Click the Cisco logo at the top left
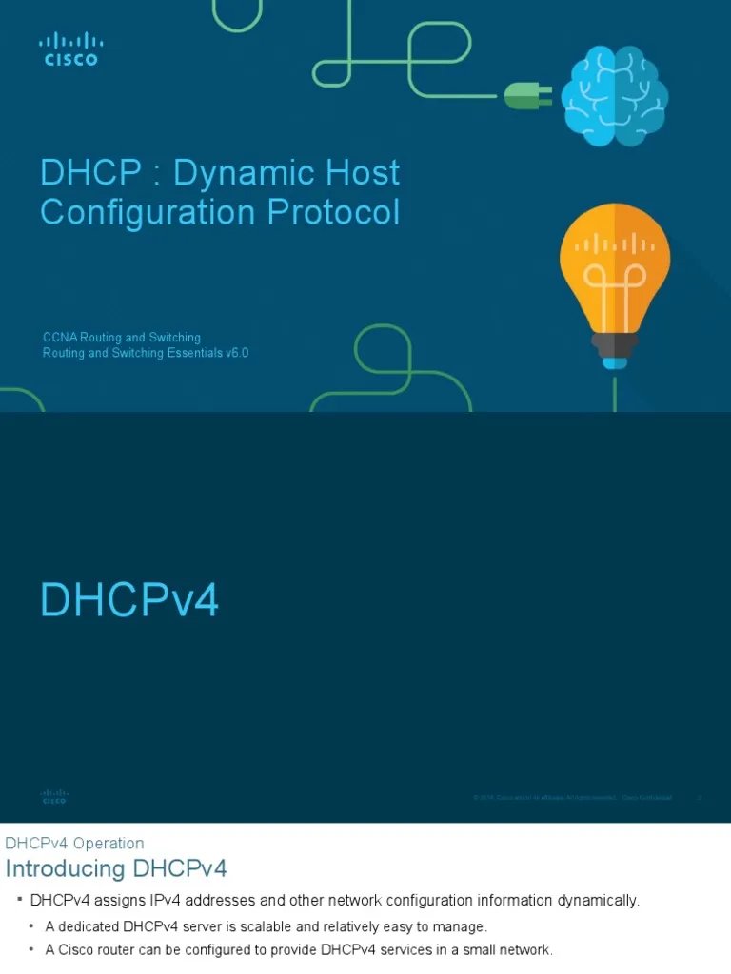(x=70, y=49)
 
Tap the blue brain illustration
(x=614, y=98)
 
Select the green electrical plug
(x=524, y=93)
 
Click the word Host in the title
(x=365, y=173)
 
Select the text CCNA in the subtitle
(x=60, y=338)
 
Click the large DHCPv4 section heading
(x=129, y=601)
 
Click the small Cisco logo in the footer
(x=54, y=796)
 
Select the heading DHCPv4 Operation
(x=74, y=843)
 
